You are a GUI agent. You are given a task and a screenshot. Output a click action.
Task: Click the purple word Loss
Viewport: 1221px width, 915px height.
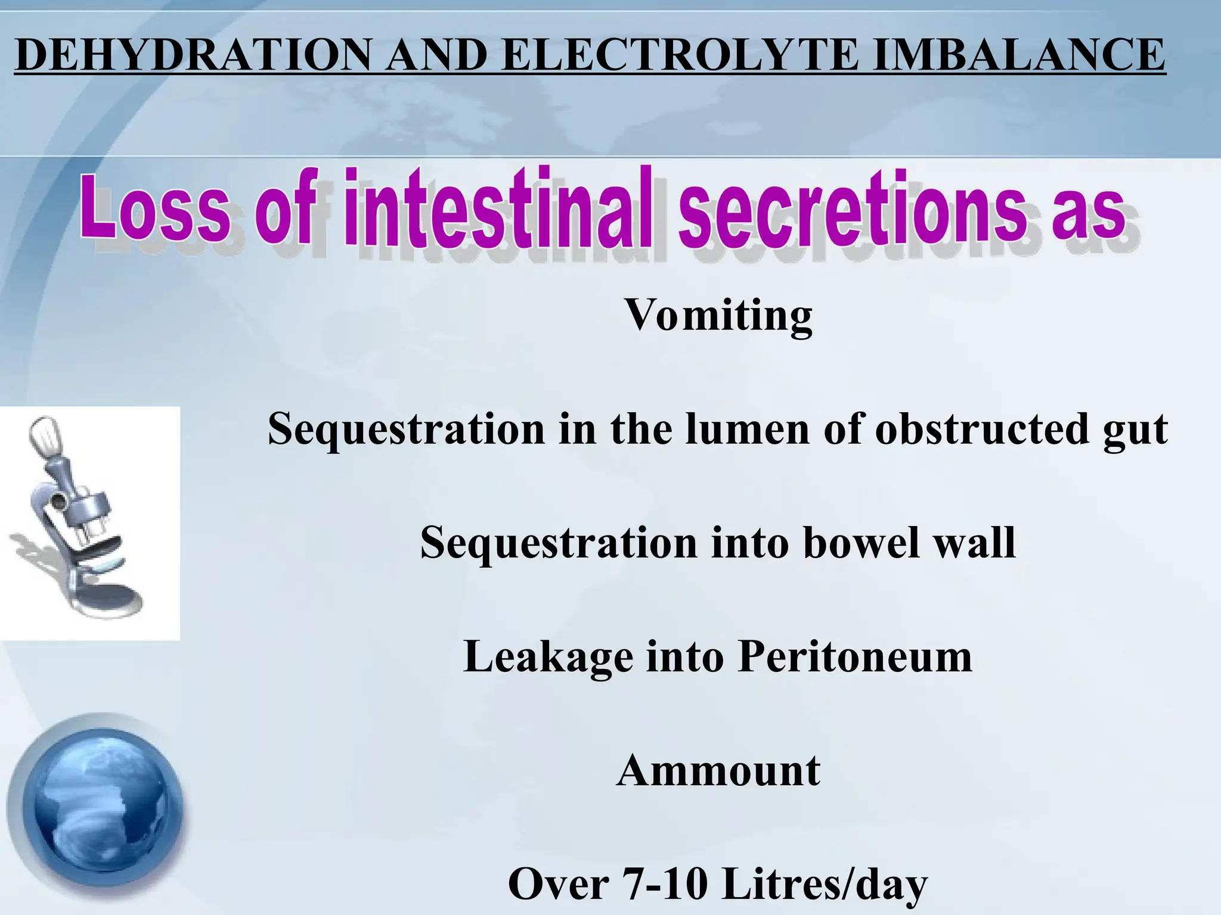(156, 208)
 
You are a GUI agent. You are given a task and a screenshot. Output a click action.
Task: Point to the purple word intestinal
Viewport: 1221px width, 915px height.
(498, 208)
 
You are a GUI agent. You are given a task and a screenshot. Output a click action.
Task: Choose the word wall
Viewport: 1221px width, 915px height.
(975, 543)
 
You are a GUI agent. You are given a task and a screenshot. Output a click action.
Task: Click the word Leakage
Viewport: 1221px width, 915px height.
(548, 658)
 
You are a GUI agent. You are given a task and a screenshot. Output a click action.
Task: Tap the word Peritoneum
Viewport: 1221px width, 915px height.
(855, 656)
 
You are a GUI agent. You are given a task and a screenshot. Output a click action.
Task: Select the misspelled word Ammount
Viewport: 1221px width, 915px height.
(718, 771)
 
